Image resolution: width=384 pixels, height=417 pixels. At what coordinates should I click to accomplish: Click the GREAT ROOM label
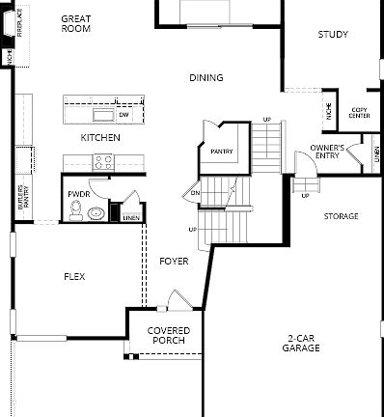(75, 24)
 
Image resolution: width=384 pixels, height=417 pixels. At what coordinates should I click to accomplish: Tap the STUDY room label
(333, 35)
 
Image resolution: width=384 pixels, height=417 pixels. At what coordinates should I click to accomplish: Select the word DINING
(206, 78)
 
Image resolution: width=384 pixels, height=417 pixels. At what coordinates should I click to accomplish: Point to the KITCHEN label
(100, 138)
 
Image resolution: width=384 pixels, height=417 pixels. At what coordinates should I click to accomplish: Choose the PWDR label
(78, 194)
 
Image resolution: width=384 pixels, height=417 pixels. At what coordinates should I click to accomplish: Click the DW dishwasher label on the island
(123, 115)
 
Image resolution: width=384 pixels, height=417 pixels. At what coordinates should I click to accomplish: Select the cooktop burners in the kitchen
(102, 163)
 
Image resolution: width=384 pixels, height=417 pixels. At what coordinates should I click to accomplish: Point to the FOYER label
(174, 262)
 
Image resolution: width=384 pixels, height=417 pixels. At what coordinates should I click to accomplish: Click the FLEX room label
(74, 277)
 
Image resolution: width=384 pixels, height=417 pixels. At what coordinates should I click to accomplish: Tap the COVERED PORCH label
(168, 335)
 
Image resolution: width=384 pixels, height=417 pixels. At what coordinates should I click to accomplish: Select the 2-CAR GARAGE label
(302, 343)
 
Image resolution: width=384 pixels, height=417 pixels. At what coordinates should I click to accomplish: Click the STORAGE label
(341, 216)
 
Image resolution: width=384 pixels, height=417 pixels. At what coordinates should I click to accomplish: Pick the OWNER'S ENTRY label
(327, 151)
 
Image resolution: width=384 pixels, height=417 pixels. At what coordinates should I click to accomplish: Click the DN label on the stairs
(195, 193)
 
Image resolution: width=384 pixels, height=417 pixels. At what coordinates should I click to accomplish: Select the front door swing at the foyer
(176, 301)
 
